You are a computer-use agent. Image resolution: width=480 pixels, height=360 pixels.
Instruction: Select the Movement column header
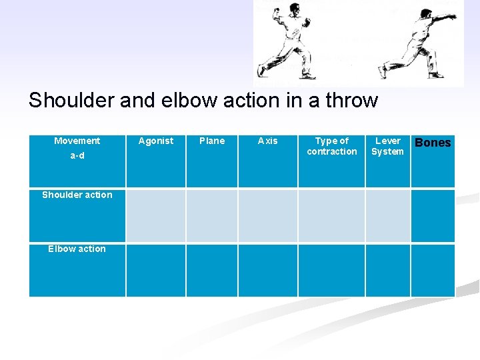[77, 141]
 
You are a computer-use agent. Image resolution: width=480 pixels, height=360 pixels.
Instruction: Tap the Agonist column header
[155, 141]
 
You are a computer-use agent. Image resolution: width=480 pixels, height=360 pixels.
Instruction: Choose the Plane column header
[212, 141]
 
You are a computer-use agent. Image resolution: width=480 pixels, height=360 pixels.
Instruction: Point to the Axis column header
[267, 141]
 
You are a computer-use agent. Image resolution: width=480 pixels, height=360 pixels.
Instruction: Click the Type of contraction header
[331, 146]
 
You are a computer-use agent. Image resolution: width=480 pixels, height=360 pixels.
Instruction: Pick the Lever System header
[387, 146]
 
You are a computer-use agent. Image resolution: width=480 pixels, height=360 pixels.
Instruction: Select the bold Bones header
[433, 143]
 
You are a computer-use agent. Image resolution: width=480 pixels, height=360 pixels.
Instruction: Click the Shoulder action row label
[77, 195]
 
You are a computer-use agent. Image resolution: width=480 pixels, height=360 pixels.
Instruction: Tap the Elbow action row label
[77, 249]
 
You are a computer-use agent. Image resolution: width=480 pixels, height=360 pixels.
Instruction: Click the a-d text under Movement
[77, 156]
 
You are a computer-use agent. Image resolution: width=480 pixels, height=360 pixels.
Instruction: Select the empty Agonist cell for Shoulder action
[155, 215]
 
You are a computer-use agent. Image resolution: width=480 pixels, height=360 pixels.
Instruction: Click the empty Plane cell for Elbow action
[212, 270]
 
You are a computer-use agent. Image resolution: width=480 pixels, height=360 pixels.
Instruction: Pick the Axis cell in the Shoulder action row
[267, 215]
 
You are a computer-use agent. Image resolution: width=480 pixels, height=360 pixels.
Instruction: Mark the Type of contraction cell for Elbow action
[331, 270]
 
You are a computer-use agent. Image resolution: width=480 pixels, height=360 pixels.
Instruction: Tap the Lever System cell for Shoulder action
[387, 215]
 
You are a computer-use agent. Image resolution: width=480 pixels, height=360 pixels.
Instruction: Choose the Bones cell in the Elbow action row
[433, 270]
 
